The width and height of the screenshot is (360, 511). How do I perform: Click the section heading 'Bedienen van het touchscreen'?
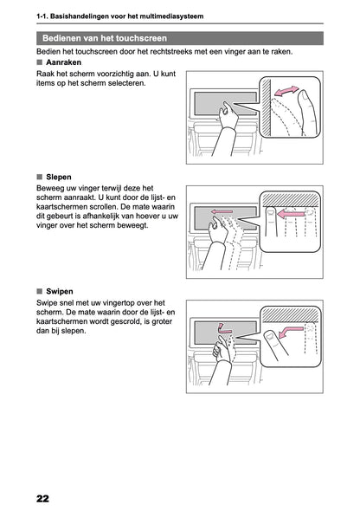(105, 38)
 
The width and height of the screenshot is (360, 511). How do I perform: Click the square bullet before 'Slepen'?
(39, 177)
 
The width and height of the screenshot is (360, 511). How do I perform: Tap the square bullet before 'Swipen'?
(39, 291)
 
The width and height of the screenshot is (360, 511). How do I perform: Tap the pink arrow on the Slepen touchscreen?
(223, 210)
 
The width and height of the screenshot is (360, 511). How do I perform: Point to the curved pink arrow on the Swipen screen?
(225, 328)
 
